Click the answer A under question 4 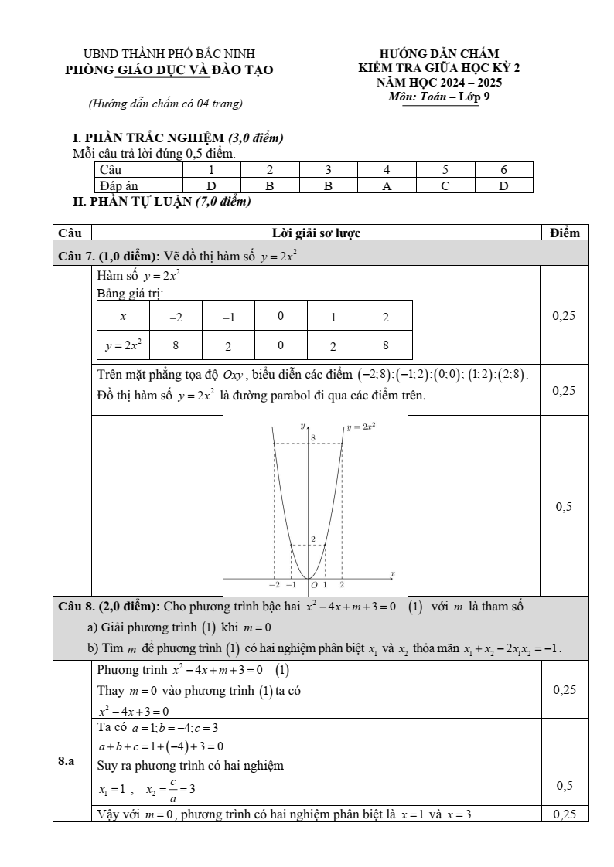pyautogui.click(x=387, y=186)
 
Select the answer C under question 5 pyautogui.click(x=445, y=186)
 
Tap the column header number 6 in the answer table pyautogui.click(x=503, y=169)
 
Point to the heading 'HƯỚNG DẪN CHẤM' pyautogui.click(x=439, y=54)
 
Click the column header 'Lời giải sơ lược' pyautogui.click(x=316, y=233)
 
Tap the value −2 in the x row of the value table pyautogui.click(x=176, y=317)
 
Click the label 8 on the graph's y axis pyautogui.click(x=313, y=438)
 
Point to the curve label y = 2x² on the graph pyautogui.click(x=361, y=426)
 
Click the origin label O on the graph pyautogui.click(x=315, y=585)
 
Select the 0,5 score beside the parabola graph pyautogui.click(x=564, y=507)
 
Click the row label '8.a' pyautogui.click(x=67, y=762)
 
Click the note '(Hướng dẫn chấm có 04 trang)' pyautogui.click(x=165, y=103)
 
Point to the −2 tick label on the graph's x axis pyautogui.click(x=274, y=586)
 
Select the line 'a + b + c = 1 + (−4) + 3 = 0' pyautogui.click(x=161, y=746)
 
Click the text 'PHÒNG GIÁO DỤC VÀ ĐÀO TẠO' pyautogui.click(x=169, y=70)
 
